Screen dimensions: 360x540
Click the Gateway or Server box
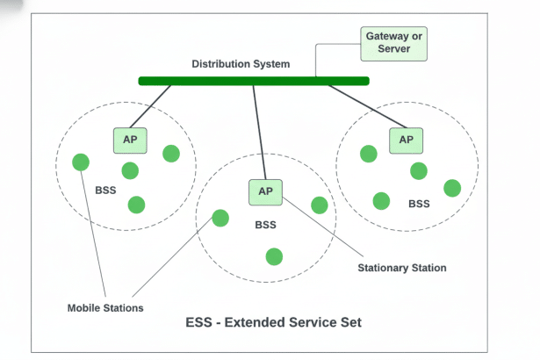(393, 43)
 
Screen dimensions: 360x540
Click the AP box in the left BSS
(129, 139)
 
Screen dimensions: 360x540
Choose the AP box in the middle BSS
(265, 191)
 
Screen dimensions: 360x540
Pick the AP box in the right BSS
(406, 139)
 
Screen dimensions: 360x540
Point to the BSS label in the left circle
(105, 189)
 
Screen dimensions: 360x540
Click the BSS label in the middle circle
(265, 225)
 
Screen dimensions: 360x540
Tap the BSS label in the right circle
(419, 204)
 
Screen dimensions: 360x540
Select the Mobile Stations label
(105, 308)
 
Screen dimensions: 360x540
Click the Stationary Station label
(402, 268)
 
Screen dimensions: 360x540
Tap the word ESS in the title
(201, 322)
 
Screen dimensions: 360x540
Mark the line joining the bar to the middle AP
(260, 132)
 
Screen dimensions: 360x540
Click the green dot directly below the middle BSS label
(274, 256)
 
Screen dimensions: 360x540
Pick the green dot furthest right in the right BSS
(452, 188)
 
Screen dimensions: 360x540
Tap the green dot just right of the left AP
(171, 154)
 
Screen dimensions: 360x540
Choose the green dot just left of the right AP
(369, 154)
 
